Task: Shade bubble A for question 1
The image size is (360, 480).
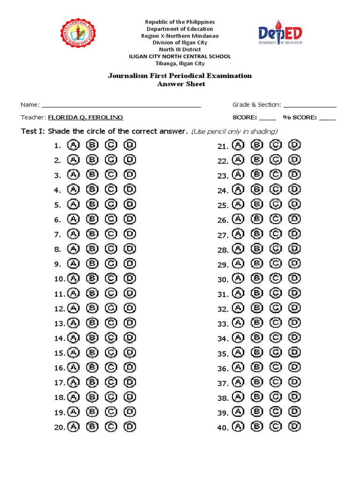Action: tap(73, 145)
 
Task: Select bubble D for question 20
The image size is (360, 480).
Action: tap(130, 427)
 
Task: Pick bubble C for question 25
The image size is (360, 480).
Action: tap(276, 204)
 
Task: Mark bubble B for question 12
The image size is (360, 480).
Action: tap(92, 308)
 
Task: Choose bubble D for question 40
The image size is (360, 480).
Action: tap(294, 427)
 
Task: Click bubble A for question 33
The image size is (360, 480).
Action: tap(238, 323)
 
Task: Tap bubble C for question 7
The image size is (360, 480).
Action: tap(111, 234)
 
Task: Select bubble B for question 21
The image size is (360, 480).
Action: tap(257, 146)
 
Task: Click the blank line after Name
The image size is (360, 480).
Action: tap(121, 105)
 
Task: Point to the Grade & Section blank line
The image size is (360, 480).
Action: tap(310, 105)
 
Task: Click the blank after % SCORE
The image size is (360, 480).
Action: tap(328, 118)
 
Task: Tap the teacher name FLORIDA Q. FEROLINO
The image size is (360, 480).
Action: tap(86, 118)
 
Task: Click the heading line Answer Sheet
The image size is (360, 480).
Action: tap(180, 84)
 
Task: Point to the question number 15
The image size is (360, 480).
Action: tap(59, 353)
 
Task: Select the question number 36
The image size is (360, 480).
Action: tap(223, 368)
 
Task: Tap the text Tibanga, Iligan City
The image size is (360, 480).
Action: tap(180, 63)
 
